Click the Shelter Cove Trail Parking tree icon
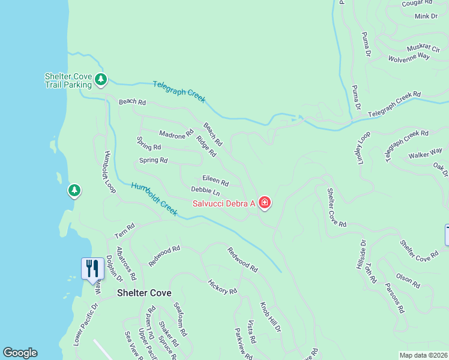(101, 79)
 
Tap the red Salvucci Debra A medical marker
(265, 203)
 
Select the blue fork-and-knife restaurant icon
(92, 268)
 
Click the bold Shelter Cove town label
(144, 293)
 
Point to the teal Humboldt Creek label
(154, 199)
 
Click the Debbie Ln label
(205, 191)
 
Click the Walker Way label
(425, 153)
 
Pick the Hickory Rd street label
(222, 287)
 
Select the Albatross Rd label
(127, 263)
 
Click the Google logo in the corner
(20, 353)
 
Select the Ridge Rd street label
(206, 146)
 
